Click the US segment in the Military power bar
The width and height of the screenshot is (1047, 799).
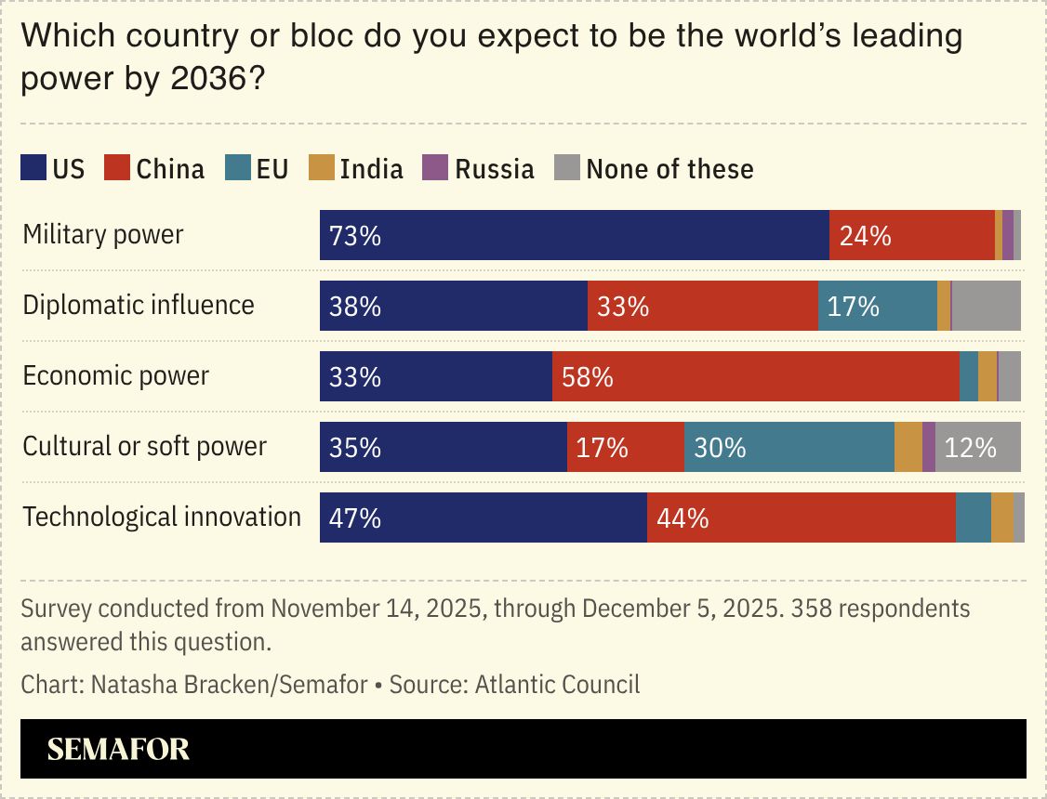click(574, 236)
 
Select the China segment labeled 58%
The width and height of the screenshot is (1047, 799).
click(755, 377)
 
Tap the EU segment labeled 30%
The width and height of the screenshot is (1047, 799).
click(789, 448)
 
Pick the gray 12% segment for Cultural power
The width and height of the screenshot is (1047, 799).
click(977, 448)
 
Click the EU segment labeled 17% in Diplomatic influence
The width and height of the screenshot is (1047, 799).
click(877, 307)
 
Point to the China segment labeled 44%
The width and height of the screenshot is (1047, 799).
click(801, 518)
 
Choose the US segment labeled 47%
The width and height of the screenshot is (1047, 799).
click(483, 518)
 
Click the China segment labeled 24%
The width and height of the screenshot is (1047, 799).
click(911, 236)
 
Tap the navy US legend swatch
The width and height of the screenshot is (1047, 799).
click(33, 168)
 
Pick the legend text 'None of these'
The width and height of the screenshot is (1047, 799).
click(669, 168)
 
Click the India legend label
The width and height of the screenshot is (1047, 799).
click(371, 168)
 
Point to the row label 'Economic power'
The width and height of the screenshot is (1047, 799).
click(116, 375)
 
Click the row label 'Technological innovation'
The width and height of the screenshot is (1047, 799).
click(162, 517)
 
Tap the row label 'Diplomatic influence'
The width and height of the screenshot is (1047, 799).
click(139, 305)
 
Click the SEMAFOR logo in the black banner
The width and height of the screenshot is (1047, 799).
click(118, 749)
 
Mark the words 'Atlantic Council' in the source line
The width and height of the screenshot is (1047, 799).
click(557, 686)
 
